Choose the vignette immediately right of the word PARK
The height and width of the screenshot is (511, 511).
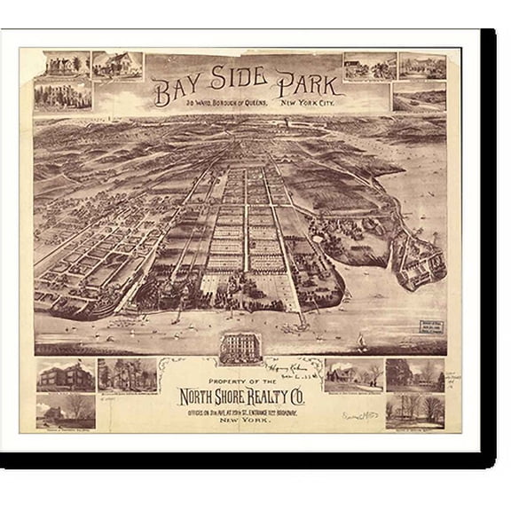pos(370,67)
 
